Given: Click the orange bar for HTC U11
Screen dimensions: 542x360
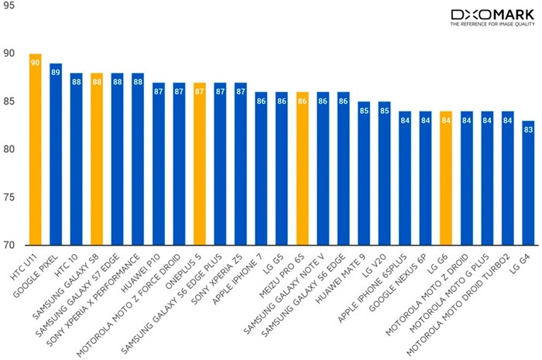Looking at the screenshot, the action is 36,149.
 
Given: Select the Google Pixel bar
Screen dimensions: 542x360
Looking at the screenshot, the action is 56,154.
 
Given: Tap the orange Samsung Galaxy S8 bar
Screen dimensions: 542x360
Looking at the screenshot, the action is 97,159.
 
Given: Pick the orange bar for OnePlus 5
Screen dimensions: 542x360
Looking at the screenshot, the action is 200,164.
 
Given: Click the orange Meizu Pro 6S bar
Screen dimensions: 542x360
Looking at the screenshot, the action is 303,169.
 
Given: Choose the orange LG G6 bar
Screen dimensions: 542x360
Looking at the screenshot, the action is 446,178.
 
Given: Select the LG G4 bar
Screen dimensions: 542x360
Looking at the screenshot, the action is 528,183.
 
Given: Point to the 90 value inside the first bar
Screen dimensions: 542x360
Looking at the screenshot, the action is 36,63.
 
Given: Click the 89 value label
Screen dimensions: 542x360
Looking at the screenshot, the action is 56,72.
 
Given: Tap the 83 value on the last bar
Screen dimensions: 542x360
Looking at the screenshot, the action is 528,130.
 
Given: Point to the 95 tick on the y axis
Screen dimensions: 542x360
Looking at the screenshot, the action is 9,5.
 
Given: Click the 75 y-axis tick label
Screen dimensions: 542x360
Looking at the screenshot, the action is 9,197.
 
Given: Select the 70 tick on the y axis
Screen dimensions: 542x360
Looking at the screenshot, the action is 9,245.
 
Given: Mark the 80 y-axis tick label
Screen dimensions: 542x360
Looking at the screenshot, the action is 9,149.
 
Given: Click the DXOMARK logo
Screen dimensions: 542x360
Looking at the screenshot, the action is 492,15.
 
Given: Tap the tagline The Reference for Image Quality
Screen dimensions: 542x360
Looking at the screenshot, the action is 492,24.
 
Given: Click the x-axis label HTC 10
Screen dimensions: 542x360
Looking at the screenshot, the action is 67,266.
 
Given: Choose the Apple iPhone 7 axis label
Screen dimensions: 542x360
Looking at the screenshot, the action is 238,279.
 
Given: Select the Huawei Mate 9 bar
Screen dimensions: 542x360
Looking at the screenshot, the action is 364,173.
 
